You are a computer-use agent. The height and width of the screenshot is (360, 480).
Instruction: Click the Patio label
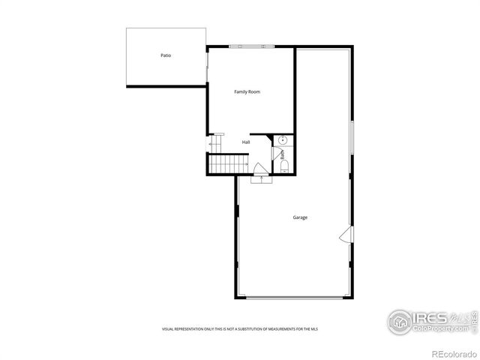click(165, 55)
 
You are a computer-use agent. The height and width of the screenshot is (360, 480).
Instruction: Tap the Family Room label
click(247, 91)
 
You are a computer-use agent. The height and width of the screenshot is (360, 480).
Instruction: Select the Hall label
click(246, 142)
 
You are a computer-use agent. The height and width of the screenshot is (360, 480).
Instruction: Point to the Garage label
click(300, 217)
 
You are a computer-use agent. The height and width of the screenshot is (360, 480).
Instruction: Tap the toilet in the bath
click(284, 167)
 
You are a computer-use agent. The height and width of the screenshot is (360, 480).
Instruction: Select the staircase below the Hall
click(228, 163)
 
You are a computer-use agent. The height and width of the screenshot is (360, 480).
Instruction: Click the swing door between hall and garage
click(259, 169)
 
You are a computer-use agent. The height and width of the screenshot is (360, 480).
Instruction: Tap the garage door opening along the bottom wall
click(295, 298)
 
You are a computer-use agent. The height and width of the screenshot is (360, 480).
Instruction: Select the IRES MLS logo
click(432, 320)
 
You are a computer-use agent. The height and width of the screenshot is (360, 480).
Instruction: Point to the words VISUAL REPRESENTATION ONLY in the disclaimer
click(187, 329)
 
